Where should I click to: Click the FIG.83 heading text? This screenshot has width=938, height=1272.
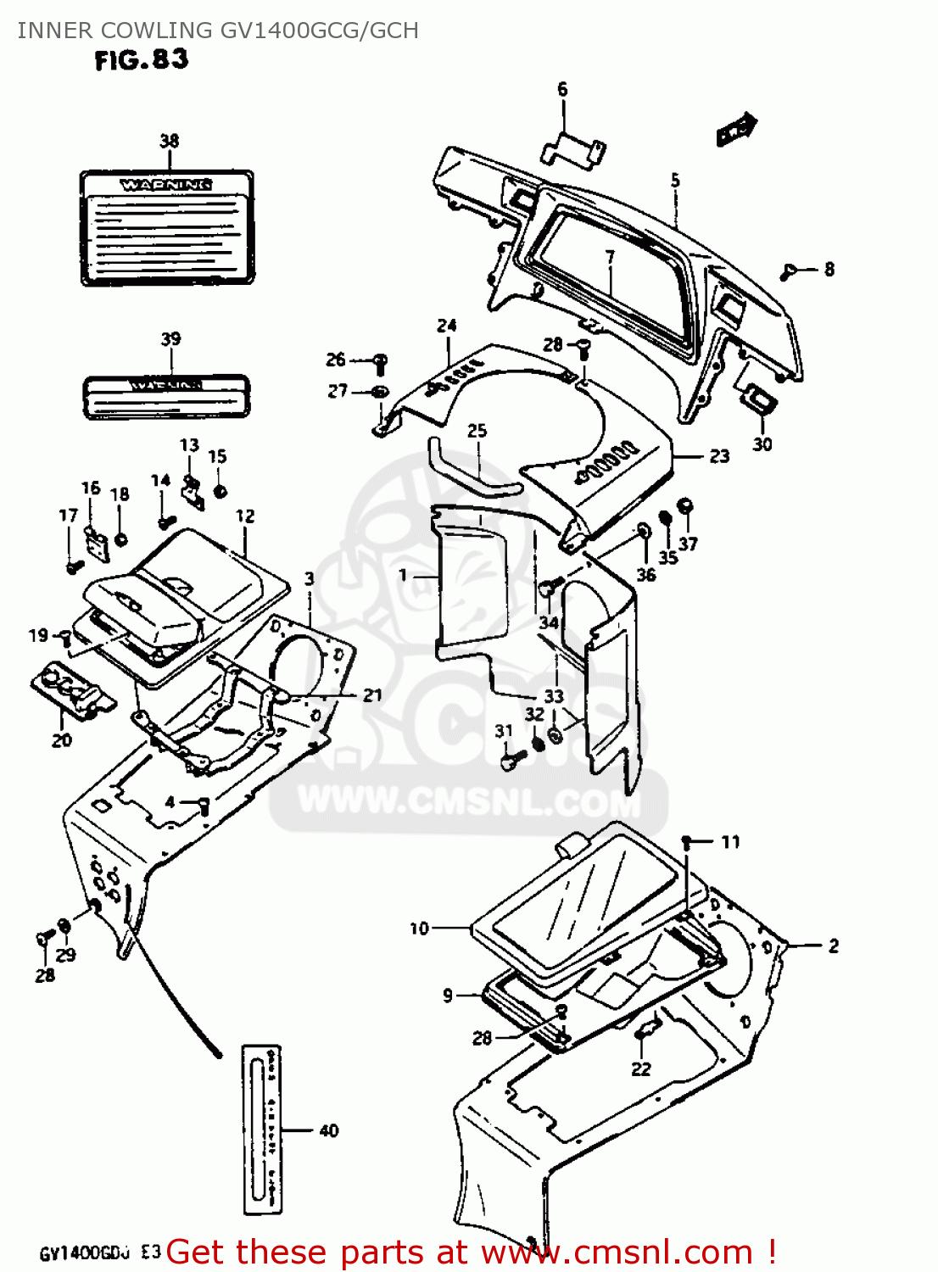[x=141, y=60]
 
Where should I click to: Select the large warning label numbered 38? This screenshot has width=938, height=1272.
[x=166, y=227]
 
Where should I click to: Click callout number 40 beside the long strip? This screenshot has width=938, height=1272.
[x=329, y=1130]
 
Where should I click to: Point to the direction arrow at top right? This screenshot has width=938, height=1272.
[x=735, y=130]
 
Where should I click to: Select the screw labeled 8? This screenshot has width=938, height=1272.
[x=789, y=271]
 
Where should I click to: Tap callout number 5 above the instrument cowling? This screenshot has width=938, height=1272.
[x=675, y=181]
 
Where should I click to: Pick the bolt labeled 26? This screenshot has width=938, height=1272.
[x=380, y=363]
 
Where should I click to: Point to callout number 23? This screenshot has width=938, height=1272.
[x=719, y=456]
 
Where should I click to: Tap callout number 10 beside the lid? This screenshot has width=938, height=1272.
[x=419, y=929]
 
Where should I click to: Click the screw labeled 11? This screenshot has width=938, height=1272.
[x=688, y=842]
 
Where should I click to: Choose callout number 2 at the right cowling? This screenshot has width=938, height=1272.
[x=833, y=946]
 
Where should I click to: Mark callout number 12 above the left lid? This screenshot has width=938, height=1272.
[x=245, y=516]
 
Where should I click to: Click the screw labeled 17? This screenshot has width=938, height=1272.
[x=73, y=563]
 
